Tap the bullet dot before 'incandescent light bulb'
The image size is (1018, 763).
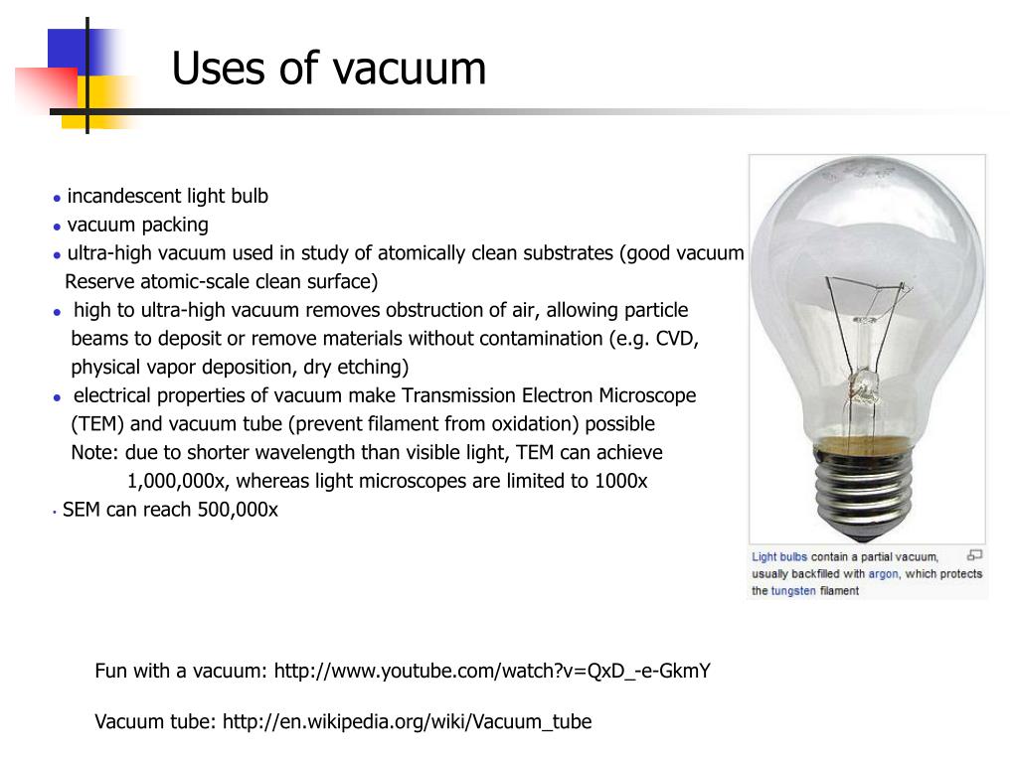point(58,198)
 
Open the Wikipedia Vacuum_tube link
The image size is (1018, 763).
point(407,722)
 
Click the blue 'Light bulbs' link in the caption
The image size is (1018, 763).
point(779,557)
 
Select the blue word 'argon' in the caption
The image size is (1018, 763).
point(883,574)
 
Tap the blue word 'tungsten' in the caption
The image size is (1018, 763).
point(793,591)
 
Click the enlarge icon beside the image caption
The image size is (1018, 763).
point(974,555)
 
